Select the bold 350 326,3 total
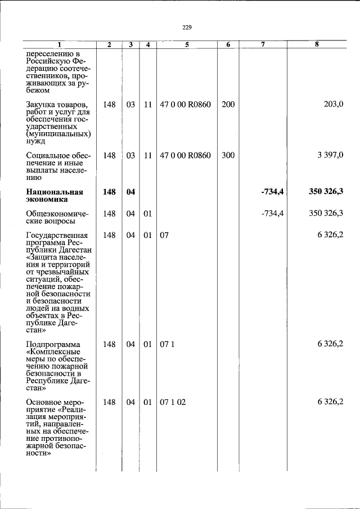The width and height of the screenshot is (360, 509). click(x=326, y=192)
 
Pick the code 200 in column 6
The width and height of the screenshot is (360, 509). click(x=228, y=105)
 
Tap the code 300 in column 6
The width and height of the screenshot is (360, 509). click(x=228, y=155)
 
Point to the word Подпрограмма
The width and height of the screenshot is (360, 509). click(x=53, y=344)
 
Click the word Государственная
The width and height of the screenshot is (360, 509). click(x=56, y=235)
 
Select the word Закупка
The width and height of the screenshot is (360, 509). click(x=41, y=105)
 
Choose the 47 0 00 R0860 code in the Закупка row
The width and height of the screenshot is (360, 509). click(x=186, y=105)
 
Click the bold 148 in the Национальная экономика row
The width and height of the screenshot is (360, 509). click(x=110, y=192)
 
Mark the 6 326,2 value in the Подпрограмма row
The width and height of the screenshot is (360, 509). click(x=330, y=344)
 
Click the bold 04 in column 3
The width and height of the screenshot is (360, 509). click(x=130, y=192)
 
